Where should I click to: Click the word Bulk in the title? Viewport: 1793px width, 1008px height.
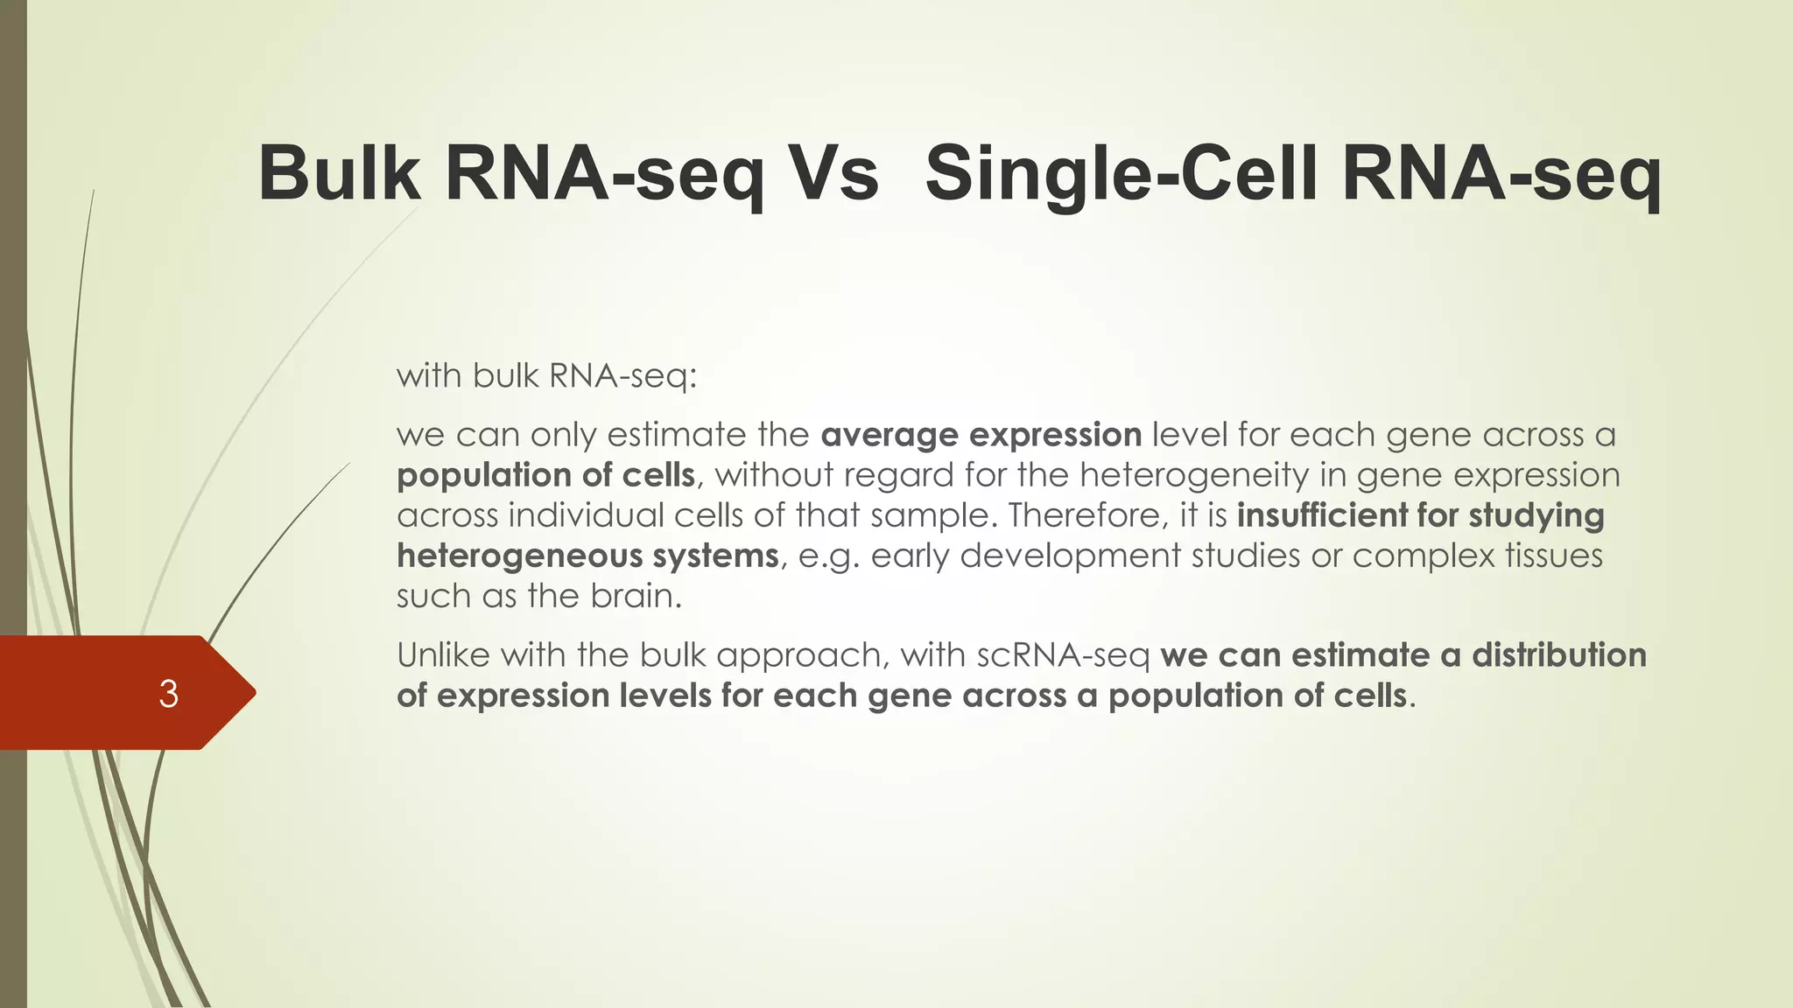tap(339, 173)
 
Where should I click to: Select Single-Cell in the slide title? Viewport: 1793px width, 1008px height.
tap(1122, 173)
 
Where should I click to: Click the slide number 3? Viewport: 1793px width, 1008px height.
tap(168, 694)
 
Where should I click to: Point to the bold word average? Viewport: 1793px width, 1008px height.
tap(889, 435)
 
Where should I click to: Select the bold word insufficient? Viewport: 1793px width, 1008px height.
tap(1322, 515)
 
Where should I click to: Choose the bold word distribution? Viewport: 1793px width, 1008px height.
tap(1558, 654)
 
